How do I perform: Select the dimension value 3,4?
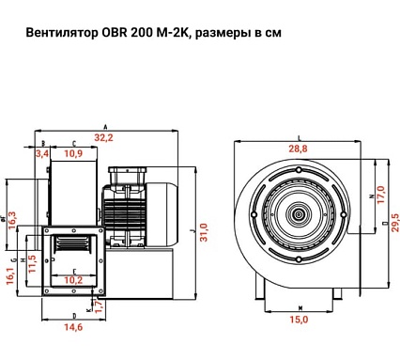pos(43,153)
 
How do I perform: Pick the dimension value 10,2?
pos(72,279)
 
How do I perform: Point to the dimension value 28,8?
pos(298,149)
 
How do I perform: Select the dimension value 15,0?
pos(299,320)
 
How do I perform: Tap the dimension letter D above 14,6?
pos(73,315)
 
